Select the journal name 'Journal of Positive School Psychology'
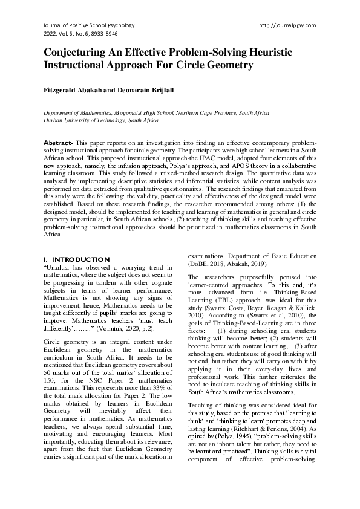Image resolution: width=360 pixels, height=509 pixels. coord(89,25)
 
